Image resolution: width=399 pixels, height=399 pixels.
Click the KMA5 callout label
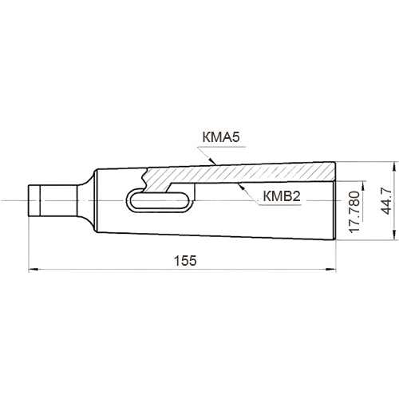coord(221,138)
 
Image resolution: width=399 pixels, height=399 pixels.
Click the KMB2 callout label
coord(282,196)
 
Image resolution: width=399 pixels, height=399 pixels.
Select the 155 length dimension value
coord(185,261)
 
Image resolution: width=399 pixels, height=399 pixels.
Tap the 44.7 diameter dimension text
coord(386,201)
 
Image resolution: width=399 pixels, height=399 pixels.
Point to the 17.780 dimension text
coord(354,212)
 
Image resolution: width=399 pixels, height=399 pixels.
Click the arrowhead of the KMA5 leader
coord(212,161)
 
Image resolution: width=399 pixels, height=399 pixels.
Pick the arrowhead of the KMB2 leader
coord(241,186)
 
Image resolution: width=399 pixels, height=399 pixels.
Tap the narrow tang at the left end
coord(53,200)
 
